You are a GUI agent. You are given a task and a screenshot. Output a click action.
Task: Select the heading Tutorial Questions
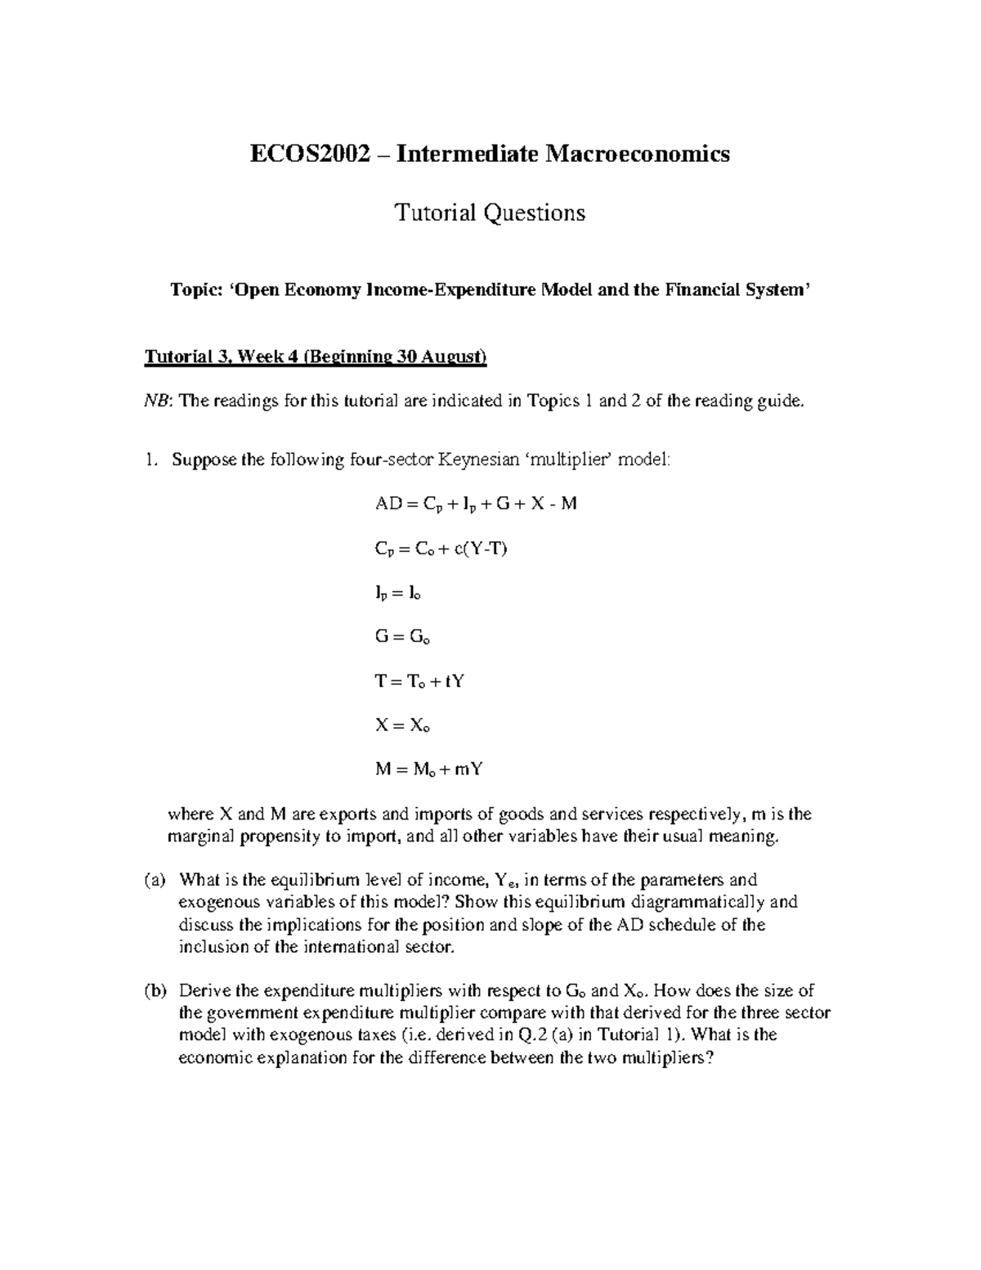(490, 213)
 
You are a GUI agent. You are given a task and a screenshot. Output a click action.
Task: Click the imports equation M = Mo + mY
(424, 770)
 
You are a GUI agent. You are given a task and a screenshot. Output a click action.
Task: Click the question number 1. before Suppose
(150, 460)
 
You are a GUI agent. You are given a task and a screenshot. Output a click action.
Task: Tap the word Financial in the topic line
(695, 290)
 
